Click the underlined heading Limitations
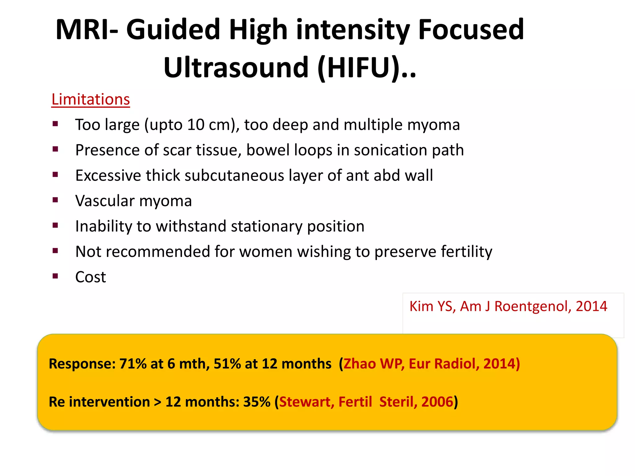click(x=91, y=100)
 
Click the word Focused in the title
click(x=471, y=30)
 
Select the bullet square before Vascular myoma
click(x=56, y=200)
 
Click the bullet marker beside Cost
click(x=56, y=276)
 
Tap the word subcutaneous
click(x=235, y=176)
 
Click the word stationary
click(x=267, y=226)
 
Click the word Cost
click(x=91, y=277)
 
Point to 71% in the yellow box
click(x=133, y=364)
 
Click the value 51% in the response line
click(x=227, y=364)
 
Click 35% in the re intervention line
click(x=257, y=402)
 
